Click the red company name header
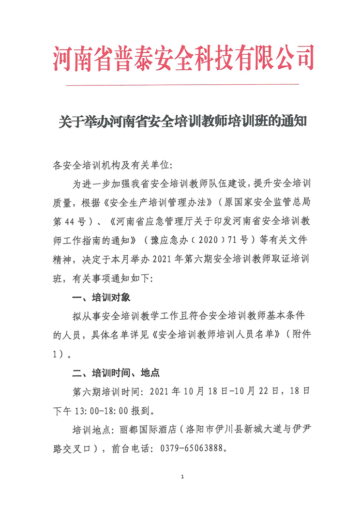[x=183, y=58]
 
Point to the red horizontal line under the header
[x=182, y=85]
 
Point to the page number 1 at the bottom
[x=182, y=478]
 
